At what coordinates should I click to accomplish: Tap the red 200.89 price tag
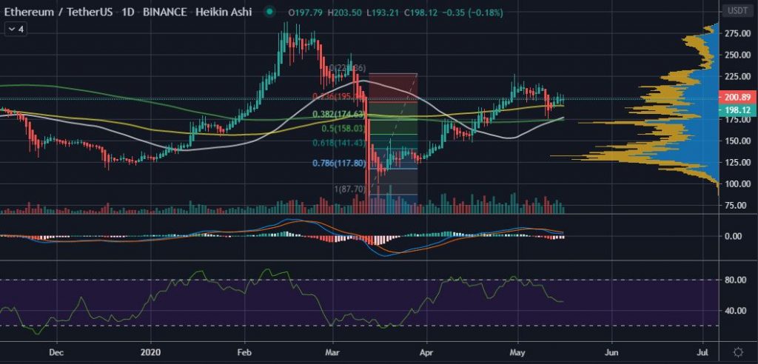click(737, 98)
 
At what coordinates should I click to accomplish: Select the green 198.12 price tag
click(737, 109)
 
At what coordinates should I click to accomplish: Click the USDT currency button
click(737, 11)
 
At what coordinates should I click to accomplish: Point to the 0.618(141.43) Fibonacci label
click(338, 143)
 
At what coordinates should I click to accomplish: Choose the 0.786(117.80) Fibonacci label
click(338, 163)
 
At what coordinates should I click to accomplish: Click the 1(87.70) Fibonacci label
click(351, 189)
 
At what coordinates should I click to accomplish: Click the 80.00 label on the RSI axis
click(735, 280)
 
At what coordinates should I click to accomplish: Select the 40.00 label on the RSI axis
click(735, 311)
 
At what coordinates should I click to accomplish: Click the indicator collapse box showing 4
click(16, 29)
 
